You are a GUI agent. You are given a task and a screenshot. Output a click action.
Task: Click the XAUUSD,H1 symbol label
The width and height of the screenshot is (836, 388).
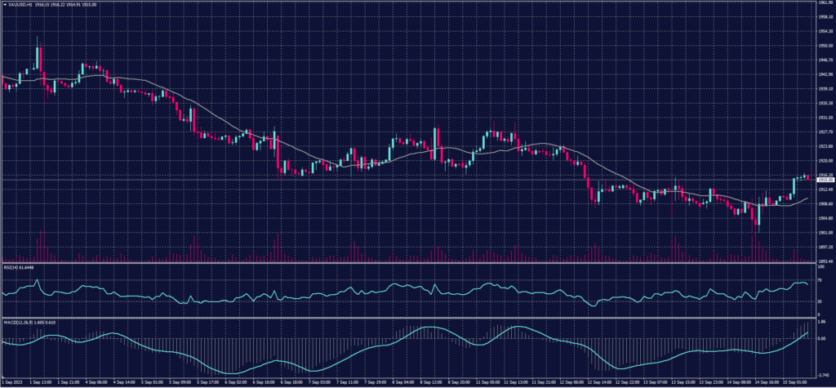point(16,4)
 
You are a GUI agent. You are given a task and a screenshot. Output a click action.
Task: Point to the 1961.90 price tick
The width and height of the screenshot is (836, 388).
point(824,3)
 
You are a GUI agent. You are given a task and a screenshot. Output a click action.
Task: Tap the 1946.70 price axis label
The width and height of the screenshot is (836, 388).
point(824,60)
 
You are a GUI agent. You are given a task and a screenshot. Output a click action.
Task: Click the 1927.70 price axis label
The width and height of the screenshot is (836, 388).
point(824,132)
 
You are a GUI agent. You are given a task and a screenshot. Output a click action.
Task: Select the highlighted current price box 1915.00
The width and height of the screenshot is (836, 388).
point(824,179)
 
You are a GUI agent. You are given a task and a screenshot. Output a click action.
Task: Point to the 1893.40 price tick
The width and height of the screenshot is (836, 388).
point(824,261)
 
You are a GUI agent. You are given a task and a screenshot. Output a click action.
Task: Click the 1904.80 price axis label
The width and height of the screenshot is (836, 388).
point(824,218)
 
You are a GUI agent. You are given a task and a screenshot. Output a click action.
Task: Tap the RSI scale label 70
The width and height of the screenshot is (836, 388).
point(819,280)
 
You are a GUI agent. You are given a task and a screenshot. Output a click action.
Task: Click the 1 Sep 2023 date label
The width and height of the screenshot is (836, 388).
point(13,381)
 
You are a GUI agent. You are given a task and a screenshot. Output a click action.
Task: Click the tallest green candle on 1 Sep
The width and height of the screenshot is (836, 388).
point(37,58)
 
